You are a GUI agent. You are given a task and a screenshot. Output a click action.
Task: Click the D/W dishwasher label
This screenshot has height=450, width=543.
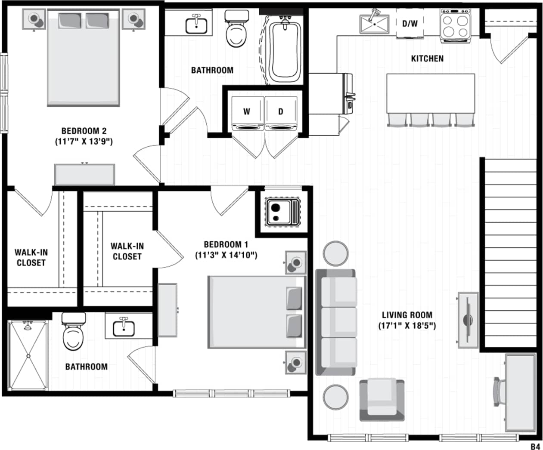coord(410,24)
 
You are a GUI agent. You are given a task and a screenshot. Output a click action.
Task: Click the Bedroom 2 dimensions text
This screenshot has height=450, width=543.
coord(84,142)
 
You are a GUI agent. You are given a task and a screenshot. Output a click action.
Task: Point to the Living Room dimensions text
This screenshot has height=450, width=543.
coord(406,326)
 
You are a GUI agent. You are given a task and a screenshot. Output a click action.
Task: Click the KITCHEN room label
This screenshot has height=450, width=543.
coord(427,59)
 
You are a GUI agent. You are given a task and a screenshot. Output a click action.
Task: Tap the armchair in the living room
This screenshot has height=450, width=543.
coord(382,400)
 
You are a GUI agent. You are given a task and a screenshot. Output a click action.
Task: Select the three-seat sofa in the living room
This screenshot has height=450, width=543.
coord(337,322)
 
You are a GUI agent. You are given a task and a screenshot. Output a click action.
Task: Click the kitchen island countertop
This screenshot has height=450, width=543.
coord(431,93)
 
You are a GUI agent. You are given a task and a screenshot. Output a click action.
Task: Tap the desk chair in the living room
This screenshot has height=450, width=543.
coord(500,391)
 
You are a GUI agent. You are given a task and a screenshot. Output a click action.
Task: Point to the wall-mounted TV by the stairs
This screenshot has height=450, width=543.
coord(468,320)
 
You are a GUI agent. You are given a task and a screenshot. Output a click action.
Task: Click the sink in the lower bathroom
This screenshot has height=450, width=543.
coord(124,327)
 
